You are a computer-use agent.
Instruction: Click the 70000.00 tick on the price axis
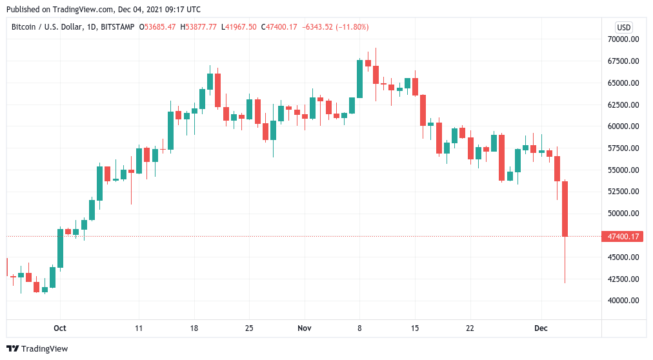[x=623, y=39]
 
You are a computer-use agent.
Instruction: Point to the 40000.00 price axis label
[x=623, y=301]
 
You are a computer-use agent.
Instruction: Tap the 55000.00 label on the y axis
[x=623, y=170]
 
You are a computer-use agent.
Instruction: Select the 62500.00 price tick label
[x=623, y=105]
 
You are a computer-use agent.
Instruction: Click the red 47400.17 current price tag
[x=623, y=237]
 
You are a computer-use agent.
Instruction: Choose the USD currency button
[x=624, y=27]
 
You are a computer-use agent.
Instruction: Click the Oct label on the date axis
[x=60, y=328]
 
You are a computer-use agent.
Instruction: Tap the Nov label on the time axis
[x=305, y=328]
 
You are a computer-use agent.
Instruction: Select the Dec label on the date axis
[x=541, y=328]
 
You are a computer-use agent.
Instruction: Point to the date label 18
[x=194, y=328]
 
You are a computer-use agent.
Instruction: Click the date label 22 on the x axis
[x=470, y=328]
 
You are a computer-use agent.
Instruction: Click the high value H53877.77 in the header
[x=199, y=27]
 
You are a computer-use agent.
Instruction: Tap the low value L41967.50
[x=239, y=27]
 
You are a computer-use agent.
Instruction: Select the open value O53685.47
[x=158, y=27]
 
